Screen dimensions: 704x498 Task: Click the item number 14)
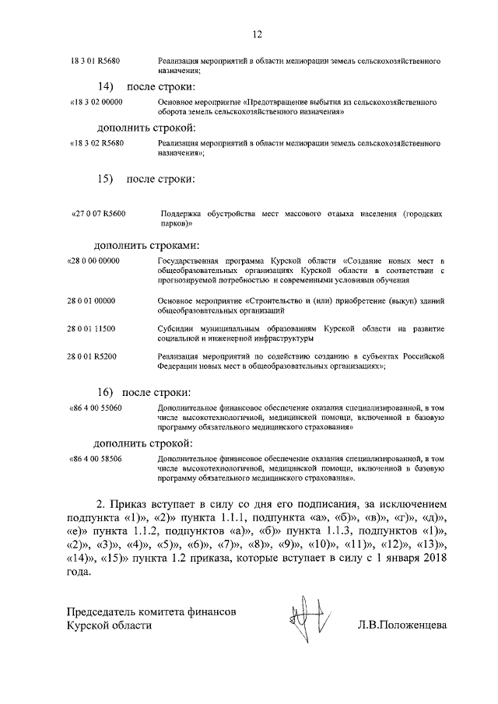106,85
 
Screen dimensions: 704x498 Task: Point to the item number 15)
106,180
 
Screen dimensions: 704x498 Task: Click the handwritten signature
301,613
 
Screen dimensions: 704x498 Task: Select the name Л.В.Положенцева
403,625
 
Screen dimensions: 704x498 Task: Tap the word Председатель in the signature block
111,613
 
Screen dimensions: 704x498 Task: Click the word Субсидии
177,329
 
